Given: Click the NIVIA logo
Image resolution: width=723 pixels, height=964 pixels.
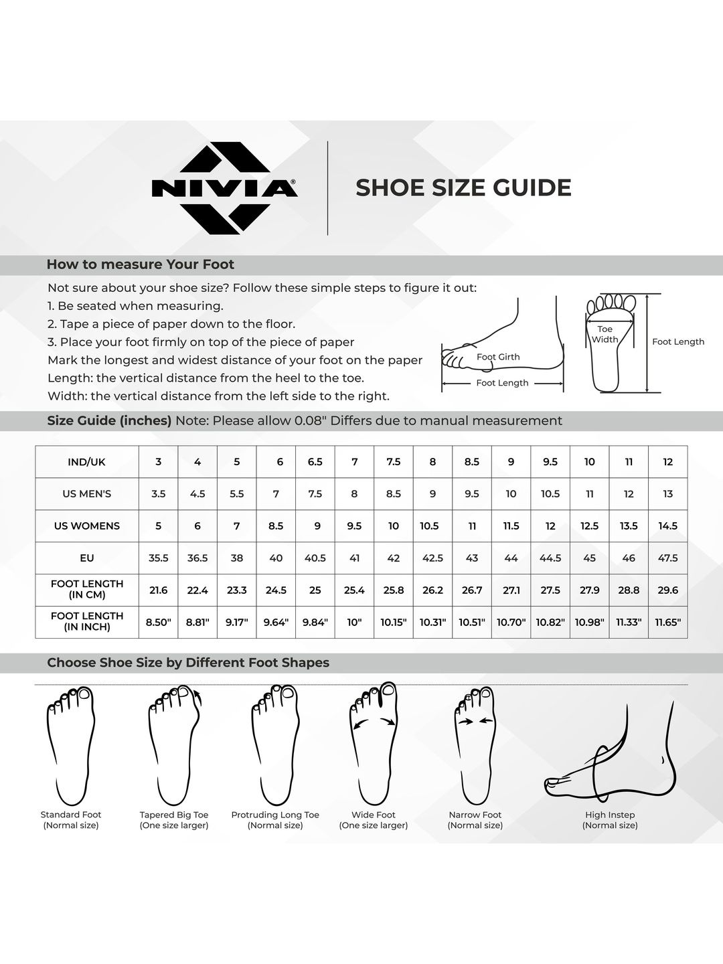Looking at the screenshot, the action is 224,188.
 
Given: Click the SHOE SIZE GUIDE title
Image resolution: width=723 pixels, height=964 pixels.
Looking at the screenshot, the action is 463,188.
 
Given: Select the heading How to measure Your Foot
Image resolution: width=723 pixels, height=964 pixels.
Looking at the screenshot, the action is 141,264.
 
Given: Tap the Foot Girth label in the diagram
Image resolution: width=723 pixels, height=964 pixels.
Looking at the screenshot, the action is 498,357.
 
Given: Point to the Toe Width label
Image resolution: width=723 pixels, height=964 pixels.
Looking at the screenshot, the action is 605,334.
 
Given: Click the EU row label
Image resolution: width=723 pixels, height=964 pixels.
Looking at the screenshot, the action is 87,558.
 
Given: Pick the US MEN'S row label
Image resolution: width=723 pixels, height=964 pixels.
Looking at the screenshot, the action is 87,493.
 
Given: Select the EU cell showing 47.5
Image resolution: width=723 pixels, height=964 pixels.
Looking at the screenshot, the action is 667,558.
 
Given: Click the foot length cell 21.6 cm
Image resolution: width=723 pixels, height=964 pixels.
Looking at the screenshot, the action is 158,590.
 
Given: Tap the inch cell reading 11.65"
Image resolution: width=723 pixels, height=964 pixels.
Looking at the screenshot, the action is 667,622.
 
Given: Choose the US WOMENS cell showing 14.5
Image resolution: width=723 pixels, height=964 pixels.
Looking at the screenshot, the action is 667,526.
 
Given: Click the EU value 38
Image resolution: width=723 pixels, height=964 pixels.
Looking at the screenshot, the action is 236,558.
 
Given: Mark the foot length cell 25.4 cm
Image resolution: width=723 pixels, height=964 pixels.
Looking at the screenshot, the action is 354,590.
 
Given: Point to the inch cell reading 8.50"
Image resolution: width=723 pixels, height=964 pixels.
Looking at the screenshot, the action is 158,622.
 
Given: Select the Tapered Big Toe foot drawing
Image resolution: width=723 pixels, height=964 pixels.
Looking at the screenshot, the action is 174,745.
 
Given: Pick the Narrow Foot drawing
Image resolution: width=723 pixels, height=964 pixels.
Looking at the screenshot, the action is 475,745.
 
